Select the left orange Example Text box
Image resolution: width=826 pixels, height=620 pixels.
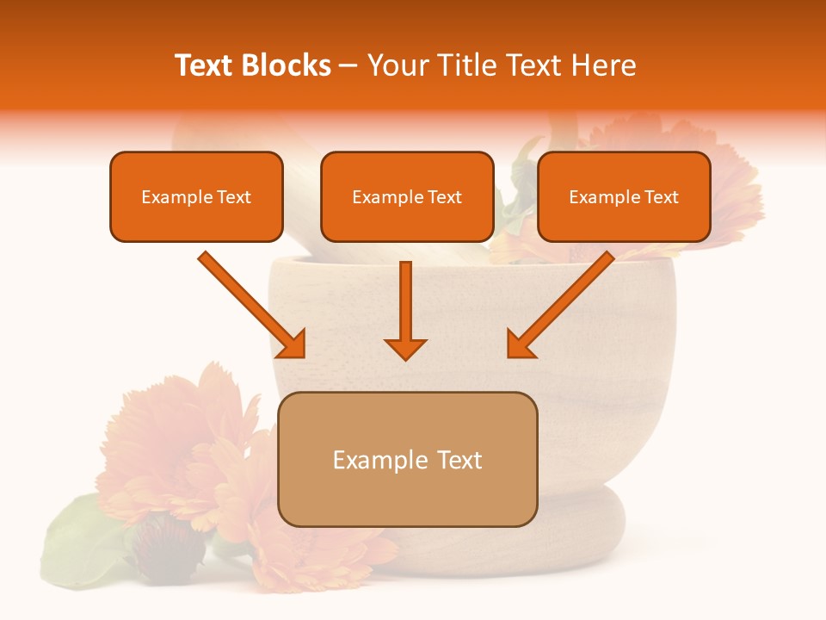click(x=196, y=196)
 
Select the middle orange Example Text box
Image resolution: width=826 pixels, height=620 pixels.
click(x=407, y=196)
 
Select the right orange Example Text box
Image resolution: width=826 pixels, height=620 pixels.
click(x=624, y=196)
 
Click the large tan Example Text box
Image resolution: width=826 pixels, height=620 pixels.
click(x=407, y=459)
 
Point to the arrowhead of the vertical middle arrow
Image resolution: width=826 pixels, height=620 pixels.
click(x=405, y=348)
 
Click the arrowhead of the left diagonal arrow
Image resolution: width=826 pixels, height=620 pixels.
click(x=293, y=344)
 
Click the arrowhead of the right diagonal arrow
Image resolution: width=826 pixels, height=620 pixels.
click(x=520, y=344)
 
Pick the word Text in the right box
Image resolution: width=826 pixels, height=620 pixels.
click(x=662, y=197)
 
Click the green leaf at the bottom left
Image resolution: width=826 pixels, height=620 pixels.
click(x=82, y=538)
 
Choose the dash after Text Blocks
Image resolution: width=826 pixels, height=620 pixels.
click(x=348, y=66)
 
